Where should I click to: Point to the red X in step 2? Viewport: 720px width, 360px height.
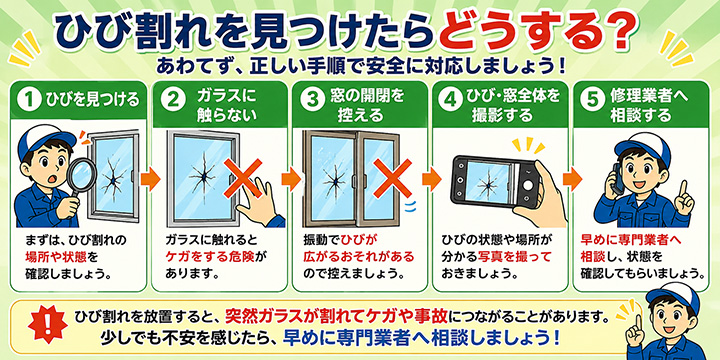tap(242, 178)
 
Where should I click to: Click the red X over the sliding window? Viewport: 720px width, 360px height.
tap(392, 178)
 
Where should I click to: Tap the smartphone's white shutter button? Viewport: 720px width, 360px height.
tap(530, 185)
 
